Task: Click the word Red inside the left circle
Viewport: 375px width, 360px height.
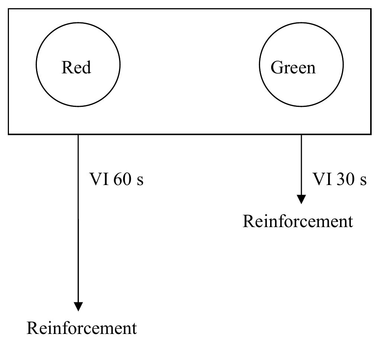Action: tap(76, 67)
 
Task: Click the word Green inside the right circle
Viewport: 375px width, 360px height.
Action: tap(293, 67)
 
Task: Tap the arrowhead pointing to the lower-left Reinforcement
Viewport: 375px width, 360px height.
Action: tap(78, 306)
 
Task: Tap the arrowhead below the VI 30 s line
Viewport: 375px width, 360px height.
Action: tap(301, 199)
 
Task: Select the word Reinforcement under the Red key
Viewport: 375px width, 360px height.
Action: tap(82, 328)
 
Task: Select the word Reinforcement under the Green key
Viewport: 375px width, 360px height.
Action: tap(298, 221)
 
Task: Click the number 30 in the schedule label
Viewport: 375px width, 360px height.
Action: tap(345, 179)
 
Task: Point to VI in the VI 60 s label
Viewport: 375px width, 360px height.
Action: tap(99, 179)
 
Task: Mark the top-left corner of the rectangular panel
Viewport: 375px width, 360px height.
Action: tap(9, 9)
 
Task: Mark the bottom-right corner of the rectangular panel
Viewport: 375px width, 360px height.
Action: tap(371, 134)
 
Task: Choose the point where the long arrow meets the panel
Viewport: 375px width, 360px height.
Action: tap(78, 134)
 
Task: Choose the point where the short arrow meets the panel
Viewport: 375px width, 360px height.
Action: tap(301, 134)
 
